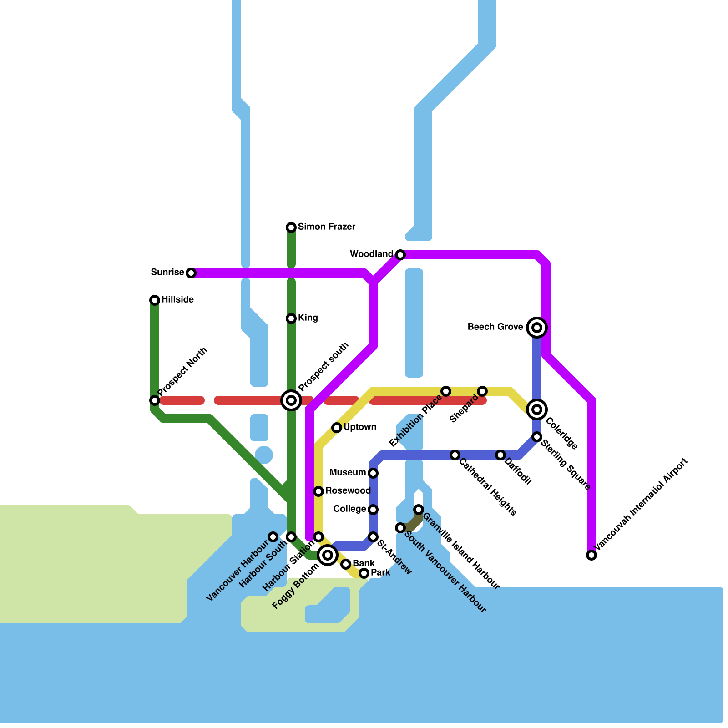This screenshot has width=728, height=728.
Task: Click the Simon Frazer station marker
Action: [291, 227]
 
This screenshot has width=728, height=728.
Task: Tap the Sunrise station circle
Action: [191, 273]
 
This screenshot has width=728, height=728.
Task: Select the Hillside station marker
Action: [155, 300]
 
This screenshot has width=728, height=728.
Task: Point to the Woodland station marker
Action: [400, 255]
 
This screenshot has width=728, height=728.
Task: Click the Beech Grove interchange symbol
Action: [537, 327]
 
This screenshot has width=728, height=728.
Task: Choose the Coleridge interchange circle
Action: [537, 409]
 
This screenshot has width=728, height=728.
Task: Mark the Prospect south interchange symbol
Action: [291, 400]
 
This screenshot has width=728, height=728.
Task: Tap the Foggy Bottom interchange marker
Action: [328, 555]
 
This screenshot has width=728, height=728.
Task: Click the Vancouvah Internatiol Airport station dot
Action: [591, 555]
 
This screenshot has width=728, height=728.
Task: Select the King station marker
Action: [291, 318]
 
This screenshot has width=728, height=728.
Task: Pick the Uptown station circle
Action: [337, 428]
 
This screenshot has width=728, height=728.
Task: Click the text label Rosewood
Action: [348, 490]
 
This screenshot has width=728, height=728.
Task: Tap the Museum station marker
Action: [373, 473]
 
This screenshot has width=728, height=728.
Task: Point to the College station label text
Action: [349, 509]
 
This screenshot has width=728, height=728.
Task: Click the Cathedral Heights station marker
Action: [455, 455]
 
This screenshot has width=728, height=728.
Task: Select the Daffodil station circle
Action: [500, 455]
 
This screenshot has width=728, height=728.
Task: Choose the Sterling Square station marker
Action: [537, 437]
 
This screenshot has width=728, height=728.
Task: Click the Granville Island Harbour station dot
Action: [419, 509]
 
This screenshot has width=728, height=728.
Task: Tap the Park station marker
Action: [364, 573]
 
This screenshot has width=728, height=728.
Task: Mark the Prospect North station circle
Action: [155, 400]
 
